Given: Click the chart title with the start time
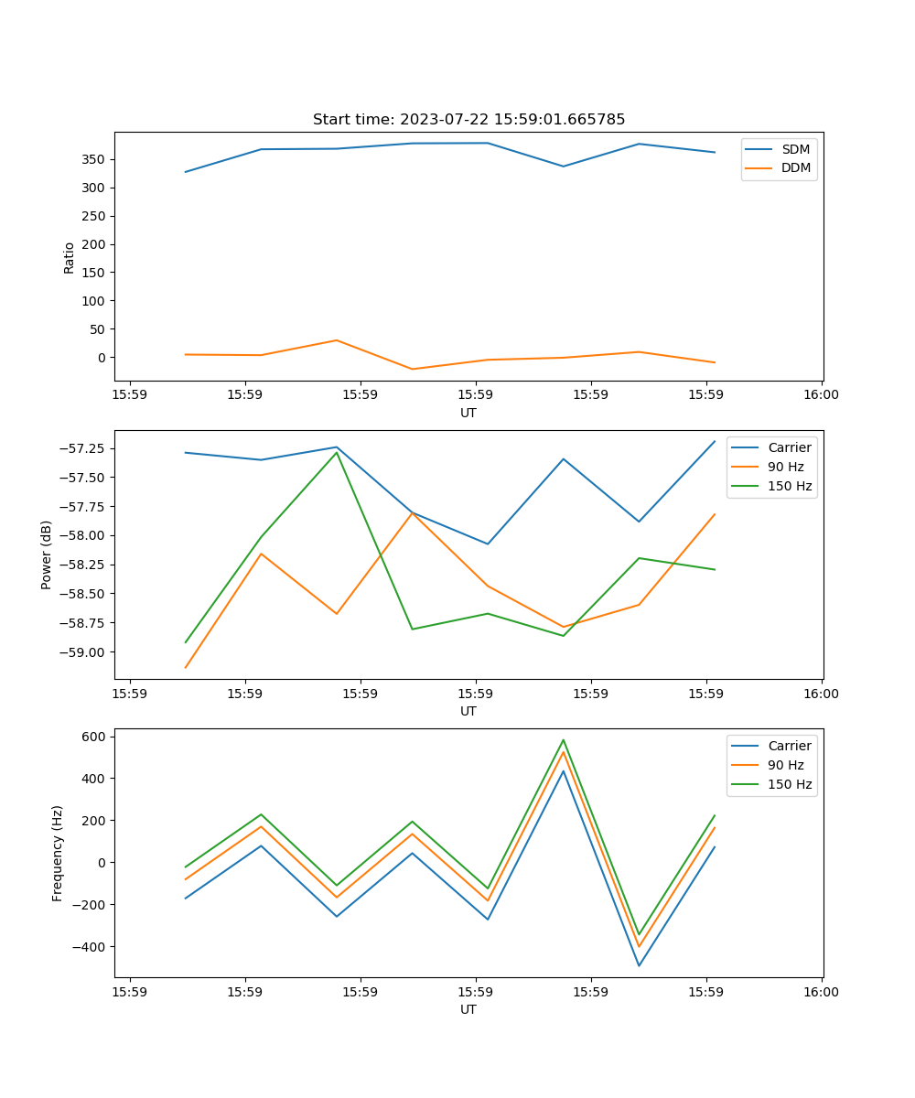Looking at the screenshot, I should coord(468,120).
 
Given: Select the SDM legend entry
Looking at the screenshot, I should coord(795,149).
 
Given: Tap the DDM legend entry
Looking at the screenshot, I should coord(796,167).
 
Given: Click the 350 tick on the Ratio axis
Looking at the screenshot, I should coord(94,159).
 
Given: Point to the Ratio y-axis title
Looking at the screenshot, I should coord(70,256).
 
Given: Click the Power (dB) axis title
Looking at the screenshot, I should coord(47,554).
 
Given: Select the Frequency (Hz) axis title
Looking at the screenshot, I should coord(58,853).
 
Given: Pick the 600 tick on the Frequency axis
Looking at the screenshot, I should coord(96,737).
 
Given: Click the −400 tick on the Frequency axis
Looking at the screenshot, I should coord(91,947).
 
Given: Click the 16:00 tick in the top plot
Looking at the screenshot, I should coord(821,394).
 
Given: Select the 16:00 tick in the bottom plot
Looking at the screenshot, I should coord(821,991).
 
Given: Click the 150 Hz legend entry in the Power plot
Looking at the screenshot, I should coord(790,486).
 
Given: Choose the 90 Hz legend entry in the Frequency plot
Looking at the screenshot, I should coord(786,765).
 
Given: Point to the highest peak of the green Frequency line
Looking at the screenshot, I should coord(564,740).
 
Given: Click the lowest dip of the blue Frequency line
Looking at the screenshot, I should coord(639,965).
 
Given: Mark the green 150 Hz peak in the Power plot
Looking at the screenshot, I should coord(337,452).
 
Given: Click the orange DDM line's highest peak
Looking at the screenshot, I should coord(337,340).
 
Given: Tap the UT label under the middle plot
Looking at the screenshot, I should coord(468,711).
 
